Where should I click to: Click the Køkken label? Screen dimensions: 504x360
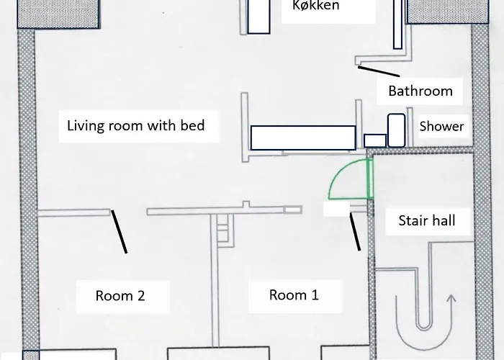(315, 6)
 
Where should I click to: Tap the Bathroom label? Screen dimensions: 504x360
(420, 91)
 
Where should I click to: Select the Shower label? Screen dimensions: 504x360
(441, 126)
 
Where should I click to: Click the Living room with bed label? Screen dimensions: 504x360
(135, 125)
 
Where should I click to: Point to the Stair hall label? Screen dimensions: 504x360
(427, 220)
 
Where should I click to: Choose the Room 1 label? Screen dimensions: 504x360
(294, 294)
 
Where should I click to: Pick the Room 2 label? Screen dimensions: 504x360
(120, 296)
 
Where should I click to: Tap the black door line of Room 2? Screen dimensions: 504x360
(119, 232)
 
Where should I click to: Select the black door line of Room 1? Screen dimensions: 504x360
(355, 231)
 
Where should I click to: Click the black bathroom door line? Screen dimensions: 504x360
(379, 71)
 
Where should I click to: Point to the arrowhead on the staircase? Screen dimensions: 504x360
(451, 299)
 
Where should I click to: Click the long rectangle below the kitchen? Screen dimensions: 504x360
(303, 138)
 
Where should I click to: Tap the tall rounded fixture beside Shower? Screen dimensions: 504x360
(396, 130)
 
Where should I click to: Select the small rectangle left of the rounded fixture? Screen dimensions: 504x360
(375, 141)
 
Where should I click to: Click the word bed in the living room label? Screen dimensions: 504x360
(192, 125)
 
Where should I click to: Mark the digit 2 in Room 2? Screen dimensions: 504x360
(141, 296)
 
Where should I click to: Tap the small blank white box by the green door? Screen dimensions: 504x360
(336, 209)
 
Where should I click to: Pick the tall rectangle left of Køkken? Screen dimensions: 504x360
(258, 17)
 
